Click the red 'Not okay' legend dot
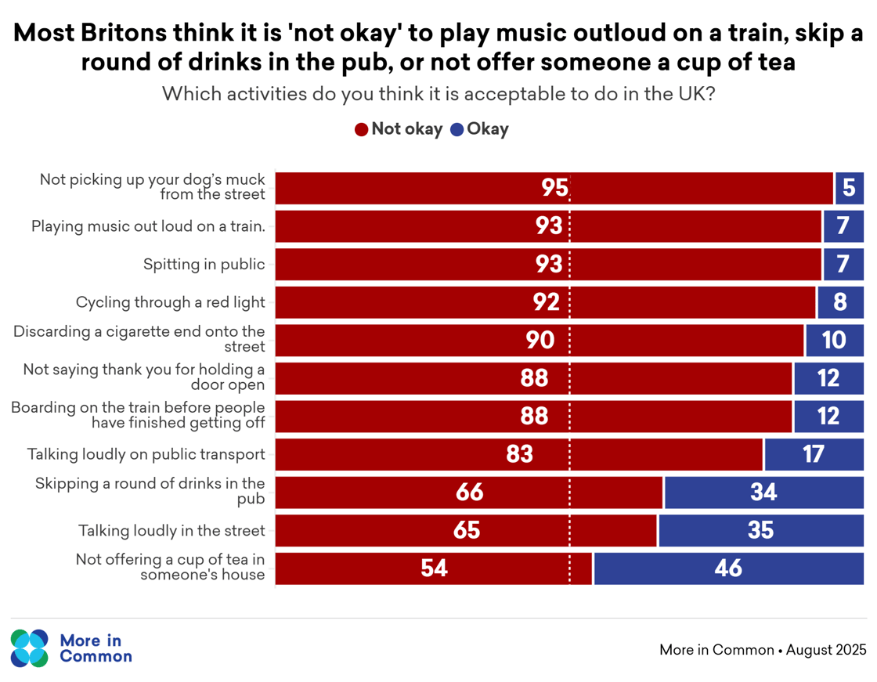click(362, 130)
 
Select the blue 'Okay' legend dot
click(457, 130)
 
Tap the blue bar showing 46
click(728, 568)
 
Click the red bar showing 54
click(434, 568)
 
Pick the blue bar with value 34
click(763, 493)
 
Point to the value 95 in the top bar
click(554, 188)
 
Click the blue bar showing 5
click(849, 188)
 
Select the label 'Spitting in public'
click(204, 265)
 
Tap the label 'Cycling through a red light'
click(170, 302)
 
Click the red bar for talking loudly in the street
click(466, 531)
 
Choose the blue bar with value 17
click(814, 454)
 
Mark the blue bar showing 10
click(834, 341)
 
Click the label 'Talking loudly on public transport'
click(146, 454)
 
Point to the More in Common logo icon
click(30, 648)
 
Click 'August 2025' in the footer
click(826, 650)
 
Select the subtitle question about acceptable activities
click(438, 95)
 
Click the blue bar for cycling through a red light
click(840, 302)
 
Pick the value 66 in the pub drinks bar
click(469, 493)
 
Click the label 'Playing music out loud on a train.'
click(148, 226)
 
